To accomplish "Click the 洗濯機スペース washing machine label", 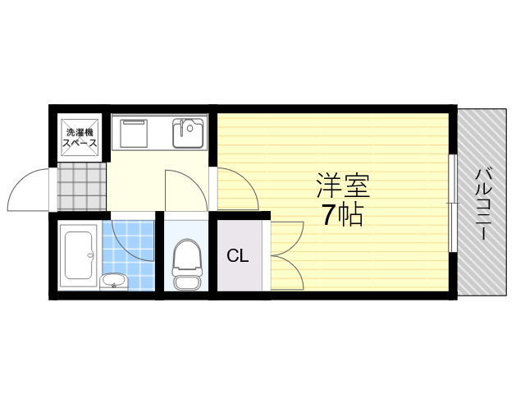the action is coord(80,138).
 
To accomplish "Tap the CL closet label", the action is coord(238,256).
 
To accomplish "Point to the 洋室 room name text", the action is coord(343,186).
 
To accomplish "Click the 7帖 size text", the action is coord(343,214).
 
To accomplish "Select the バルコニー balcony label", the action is coord(484,204).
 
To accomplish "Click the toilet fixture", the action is coord(187,264).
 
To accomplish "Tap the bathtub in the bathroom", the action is coord(79,255).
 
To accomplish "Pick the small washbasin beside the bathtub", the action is coord(114,282).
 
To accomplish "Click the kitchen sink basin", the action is coord(188,133).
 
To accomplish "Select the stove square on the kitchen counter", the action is coord(134,133).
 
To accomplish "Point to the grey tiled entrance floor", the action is coord(82,187).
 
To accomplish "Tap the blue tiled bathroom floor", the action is coord(129,255).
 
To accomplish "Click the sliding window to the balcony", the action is coord(452,203).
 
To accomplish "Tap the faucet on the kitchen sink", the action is coord(182,128).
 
